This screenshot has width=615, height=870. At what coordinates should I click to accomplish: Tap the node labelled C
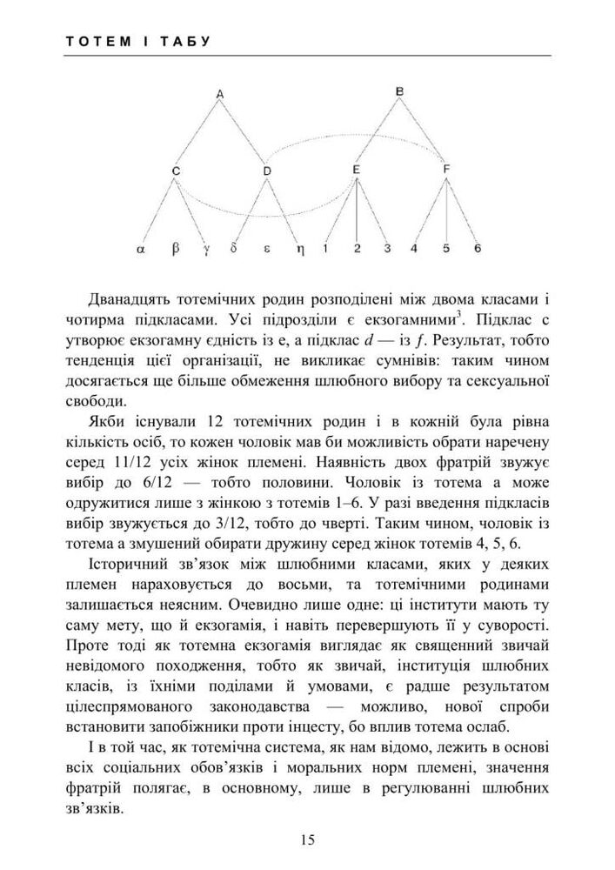(x=176, y=171)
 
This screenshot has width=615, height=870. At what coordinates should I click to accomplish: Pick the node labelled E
(x=357, y=169)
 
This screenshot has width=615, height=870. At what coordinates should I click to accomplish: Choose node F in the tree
(x=446, y=169)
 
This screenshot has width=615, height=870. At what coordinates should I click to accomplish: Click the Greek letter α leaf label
(x=140, y=249)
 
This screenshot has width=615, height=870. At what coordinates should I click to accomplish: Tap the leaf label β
(x=175, y=249)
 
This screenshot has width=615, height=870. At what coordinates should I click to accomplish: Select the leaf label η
(x=297, y=249)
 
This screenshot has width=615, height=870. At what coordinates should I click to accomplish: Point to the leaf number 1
(x=324, y=248)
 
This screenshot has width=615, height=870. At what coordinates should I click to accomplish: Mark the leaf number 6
(x=478, y=248)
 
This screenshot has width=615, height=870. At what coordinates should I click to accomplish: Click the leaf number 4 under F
(x=415, y=248)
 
